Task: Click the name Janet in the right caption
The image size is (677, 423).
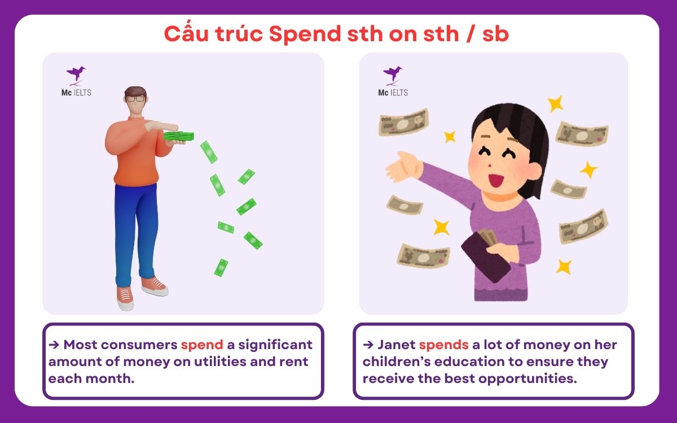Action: click(x=396, y=344)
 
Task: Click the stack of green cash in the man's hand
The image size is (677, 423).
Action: click(x=179, y=135)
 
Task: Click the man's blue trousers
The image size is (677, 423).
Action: click(x=133, y=231)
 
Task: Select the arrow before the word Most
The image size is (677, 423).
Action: click(x=54, y=344)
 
